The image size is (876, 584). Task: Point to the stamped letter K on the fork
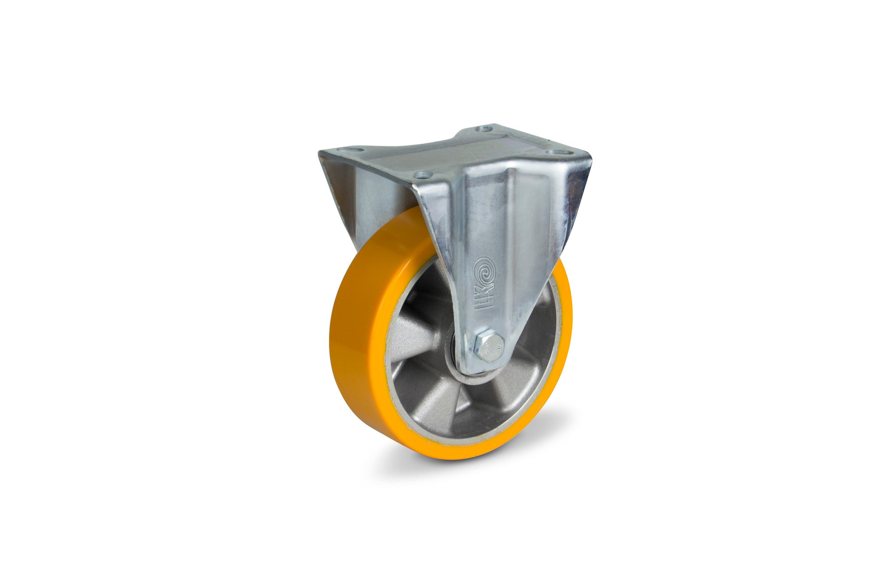coord(483,294)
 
